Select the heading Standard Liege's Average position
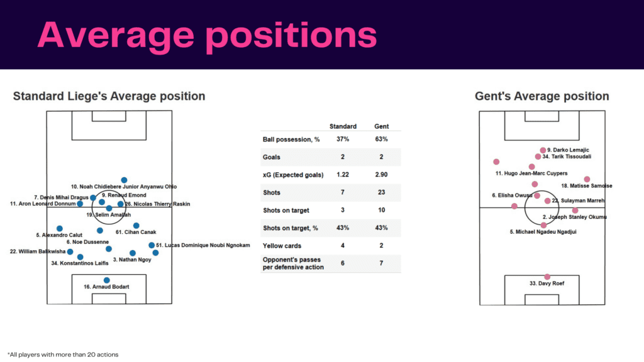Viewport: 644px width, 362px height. (109, 96)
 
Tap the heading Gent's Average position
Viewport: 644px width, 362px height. (541, 96)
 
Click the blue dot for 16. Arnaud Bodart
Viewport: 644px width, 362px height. (106, 280)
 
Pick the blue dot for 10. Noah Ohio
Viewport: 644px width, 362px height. (124, 180)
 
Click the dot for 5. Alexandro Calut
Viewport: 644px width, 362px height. (60, 229)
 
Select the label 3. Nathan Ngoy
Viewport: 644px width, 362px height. (132, 260)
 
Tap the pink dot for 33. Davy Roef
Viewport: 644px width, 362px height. (547, 277)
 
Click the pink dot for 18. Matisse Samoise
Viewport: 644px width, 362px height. (587, 179)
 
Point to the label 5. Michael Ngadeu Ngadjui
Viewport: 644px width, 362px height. (543, 232)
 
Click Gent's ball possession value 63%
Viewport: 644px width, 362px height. (381, 139)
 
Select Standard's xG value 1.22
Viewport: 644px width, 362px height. (343, 175)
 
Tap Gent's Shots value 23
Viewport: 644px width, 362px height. (381, 192)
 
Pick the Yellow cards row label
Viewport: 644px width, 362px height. (281, 246)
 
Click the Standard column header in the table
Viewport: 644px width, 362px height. (343, 126)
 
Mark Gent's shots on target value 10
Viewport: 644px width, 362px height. (381, 210)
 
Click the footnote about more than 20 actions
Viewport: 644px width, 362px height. (62, 354)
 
